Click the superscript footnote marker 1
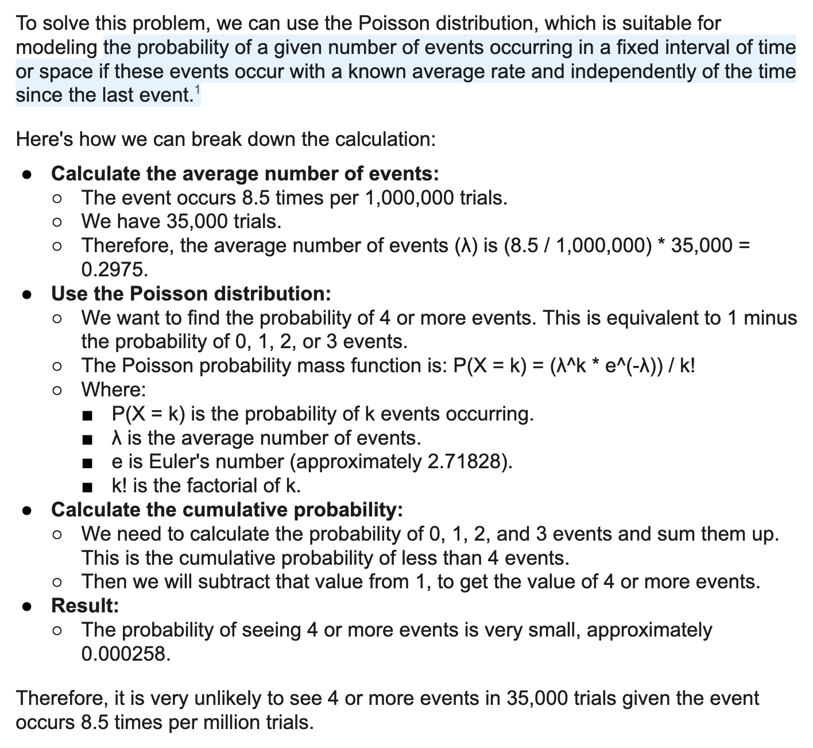point(197,90)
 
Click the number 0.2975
point(114,269)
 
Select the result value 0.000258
point(126,654)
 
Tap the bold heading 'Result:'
point(85,606)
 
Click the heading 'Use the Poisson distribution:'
point(191,294)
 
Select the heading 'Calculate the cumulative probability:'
point(227,510)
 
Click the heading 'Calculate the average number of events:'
point(245,173)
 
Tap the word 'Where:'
point(114,390)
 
